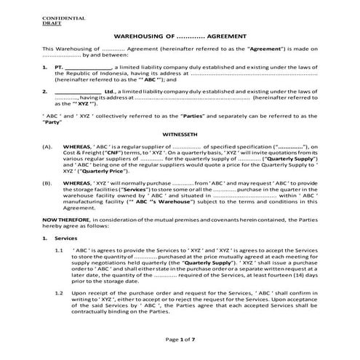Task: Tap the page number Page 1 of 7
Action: [179, 340]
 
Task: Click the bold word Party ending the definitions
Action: [51, 124]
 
